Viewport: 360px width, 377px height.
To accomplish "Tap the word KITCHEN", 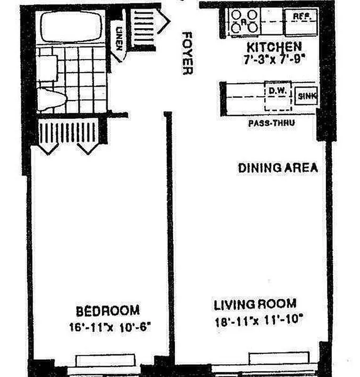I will (275, 47).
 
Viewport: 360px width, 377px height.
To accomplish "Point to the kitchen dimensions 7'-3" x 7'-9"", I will (275, 60).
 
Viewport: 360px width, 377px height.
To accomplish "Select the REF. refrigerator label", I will (301, 16).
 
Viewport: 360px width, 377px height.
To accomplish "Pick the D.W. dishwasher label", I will (276, 90).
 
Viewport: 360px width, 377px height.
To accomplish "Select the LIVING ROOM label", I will (255, 304).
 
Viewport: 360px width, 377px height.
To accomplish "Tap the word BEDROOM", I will (108, 311).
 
